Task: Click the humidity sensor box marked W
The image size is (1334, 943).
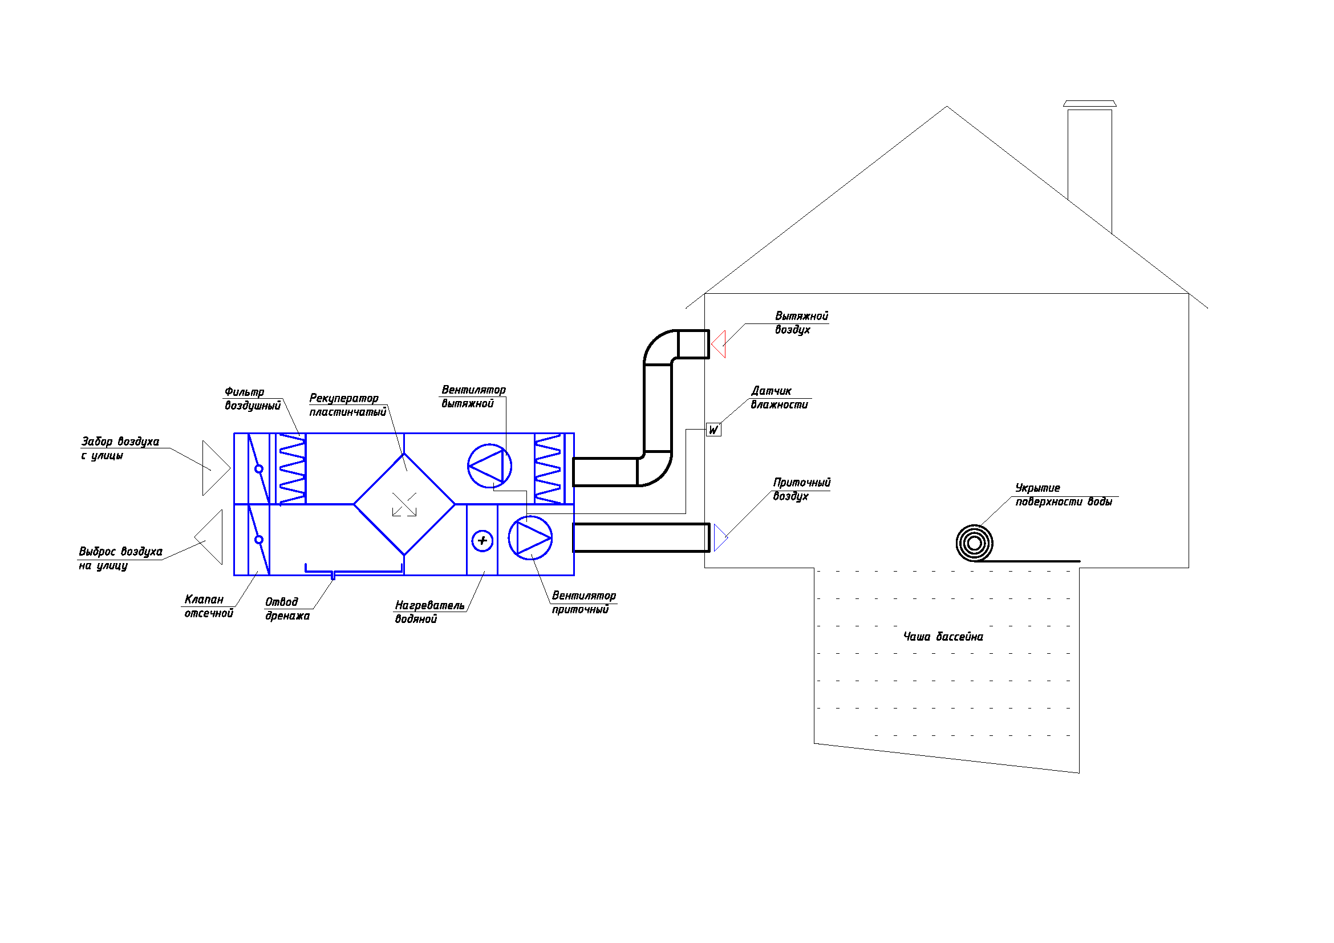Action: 713,430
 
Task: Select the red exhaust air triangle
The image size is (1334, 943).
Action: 719,344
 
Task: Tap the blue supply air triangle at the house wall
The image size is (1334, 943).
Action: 720,537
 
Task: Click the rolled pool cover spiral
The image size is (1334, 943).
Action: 974,543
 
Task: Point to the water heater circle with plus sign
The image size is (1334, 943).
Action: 482,541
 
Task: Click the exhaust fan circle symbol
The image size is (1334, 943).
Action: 490,466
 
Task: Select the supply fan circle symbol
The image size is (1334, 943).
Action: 530,538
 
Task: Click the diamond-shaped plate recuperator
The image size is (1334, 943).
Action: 404,504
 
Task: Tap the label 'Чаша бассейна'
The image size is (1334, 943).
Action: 943,637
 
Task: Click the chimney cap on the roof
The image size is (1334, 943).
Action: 1089,104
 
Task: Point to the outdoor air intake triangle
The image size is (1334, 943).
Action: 216,468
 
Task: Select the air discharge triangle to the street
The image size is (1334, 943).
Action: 209,537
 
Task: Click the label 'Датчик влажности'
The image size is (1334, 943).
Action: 779,398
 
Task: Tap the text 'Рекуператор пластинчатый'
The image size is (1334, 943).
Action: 347,405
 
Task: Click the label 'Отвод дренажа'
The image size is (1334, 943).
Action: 287,609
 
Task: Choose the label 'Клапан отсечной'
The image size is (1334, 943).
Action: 209,606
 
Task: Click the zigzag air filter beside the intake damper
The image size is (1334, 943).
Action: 292,469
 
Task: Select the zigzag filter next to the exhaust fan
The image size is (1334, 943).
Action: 548,468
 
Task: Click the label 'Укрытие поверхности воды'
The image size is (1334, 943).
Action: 1063,495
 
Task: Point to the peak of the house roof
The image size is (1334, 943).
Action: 947,106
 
